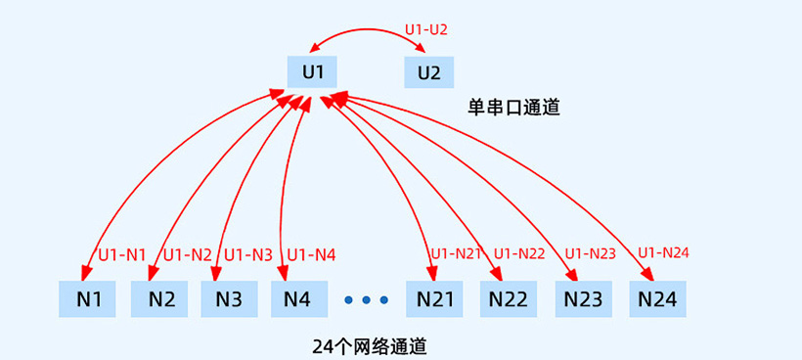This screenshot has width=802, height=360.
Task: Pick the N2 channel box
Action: (160, 298)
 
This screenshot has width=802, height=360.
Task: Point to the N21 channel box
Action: (435, 298)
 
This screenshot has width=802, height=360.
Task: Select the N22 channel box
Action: (509, 298)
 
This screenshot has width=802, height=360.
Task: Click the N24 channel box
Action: (656, 298)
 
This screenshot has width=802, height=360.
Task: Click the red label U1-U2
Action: (426, 30)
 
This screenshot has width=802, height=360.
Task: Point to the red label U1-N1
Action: (122, 255)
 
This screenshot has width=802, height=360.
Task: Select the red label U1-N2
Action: (188, 255)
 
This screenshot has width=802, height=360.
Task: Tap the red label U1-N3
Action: (248, 255)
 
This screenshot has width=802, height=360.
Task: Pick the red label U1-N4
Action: (311, 255)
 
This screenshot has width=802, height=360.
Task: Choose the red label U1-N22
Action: (519, 254)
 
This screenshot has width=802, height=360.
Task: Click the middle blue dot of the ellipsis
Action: (367, 299)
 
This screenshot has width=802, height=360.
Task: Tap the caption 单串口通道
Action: (513, 108)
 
